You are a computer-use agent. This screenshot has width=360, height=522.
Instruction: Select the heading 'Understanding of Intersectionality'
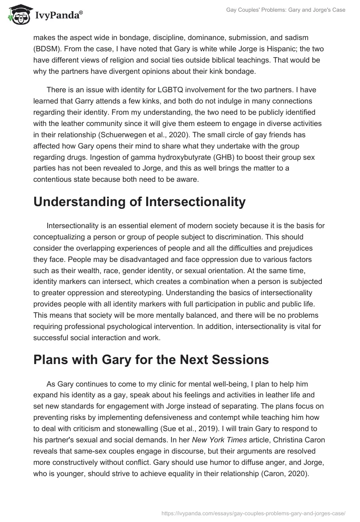click(139, 202)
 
